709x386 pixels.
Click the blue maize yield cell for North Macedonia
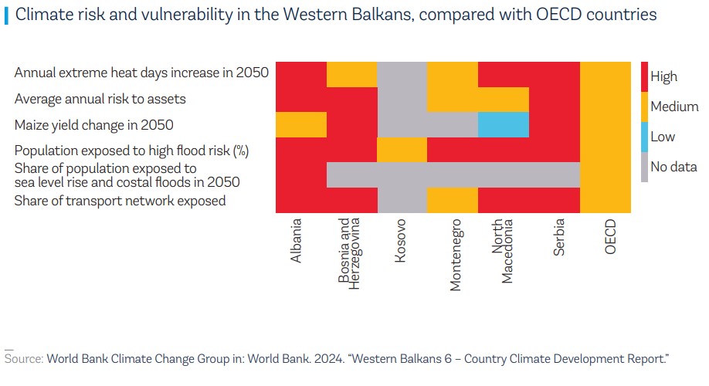pyautogui.click(x=503, y=124)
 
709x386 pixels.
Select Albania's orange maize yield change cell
pyautogui.click(x=301, y=124)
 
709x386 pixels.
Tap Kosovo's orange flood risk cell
pyautogui.click(x=402, y=149)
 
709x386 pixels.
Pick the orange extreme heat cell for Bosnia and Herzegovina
pyautogui.click(x=351, y=74)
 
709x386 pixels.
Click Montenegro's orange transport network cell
pyautogui.click(x=452, y=199)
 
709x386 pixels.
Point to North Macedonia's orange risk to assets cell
pyautogui.click(x=503, y=99)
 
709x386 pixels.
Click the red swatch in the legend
pyautogui.click(x=644, y=76)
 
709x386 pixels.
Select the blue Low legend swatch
pyautogui.click(x=644, y=137)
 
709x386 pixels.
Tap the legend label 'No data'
pyautogui.click(x=673, y=167)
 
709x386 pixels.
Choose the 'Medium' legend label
pyautogui.click(x=674, y=107)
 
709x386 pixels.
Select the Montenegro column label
pyautogui.click(x=456, y=254)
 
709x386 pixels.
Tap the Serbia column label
pyautogui.click(x=559, y=237)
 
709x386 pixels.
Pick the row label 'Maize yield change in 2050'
pyautogui.click(x=94, y=124)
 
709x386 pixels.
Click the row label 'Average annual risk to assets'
pyautogui.click(x=100, y=99)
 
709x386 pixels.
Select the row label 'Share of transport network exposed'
pyautogui.click(x=120, y=201)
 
